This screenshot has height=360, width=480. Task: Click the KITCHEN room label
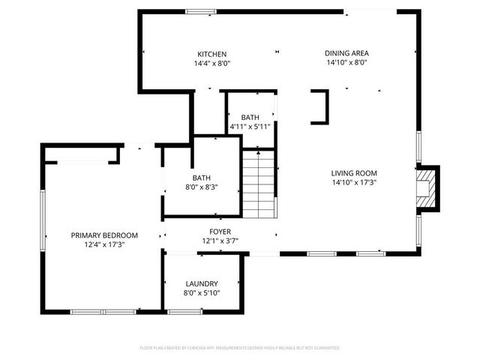point(212,53)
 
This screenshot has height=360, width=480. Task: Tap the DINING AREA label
point(346,53)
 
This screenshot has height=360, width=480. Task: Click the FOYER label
point(220,231)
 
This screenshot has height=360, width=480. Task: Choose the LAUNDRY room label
point(202,283)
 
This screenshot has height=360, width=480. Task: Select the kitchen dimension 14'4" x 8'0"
point(212,64)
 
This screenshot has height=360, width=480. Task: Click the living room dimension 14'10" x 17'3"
point(354,181)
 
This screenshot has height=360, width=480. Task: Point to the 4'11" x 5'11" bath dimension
point(250,127)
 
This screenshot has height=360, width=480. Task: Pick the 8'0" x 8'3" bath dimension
point(202,187)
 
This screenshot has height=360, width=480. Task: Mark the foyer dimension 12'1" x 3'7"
point(220,241)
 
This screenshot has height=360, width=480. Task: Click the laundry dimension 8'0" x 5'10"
point(202,293)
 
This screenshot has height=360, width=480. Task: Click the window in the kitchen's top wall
point(200,10)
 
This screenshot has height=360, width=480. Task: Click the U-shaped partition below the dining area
point(320,106)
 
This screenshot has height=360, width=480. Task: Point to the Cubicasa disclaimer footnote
point(240,348)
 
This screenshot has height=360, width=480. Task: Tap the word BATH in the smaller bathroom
point(250,118)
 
